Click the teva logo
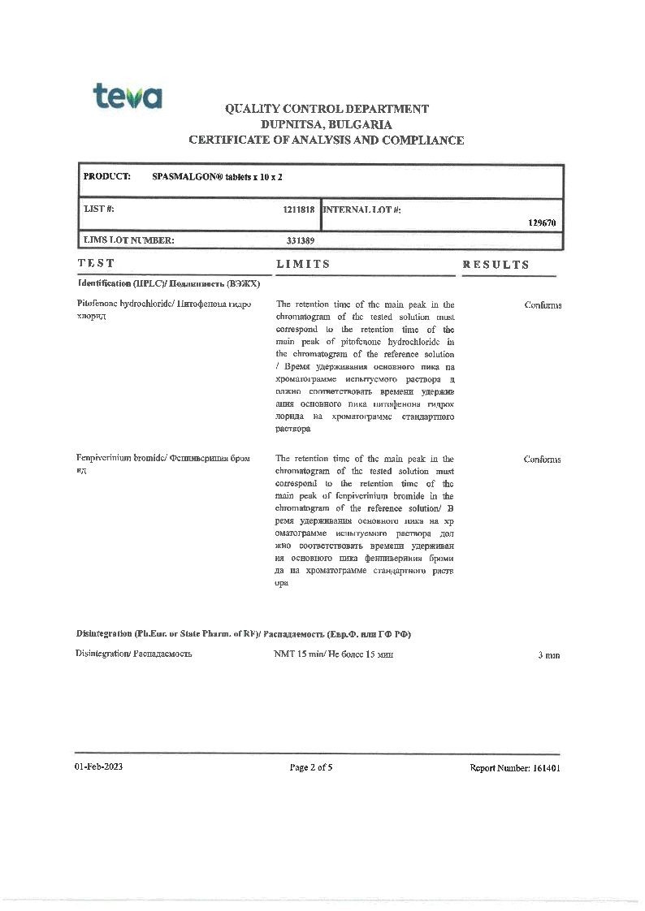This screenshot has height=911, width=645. (x=127, y=96)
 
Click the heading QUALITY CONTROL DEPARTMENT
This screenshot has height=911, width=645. (x=327, y=109)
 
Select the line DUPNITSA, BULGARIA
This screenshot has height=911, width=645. (x=327, y=124)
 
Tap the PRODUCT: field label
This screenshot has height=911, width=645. (x=106, y=176)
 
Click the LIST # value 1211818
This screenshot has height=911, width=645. (x=298, y=209)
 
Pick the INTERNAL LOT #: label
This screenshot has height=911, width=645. (x=362, y=209)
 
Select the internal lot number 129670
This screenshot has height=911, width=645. (x=542, y=222)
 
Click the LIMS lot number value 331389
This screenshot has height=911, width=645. (x=301, y=240)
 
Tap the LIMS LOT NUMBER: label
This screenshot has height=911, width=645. (x=129, y=240)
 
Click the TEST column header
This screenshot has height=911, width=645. (x=97, y=264)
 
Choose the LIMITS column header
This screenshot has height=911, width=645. (x=303, y=264)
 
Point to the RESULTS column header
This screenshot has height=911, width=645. (x=496, y=265)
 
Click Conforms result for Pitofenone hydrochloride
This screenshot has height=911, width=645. (x=543, y=305)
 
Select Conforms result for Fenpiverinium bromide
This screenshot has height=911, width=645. (x=542, y=460)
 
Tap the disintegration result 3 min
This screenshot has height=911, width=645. (x=548, y=655)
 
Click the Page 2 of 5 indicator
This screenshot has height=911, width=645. (x=311, y=767)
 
